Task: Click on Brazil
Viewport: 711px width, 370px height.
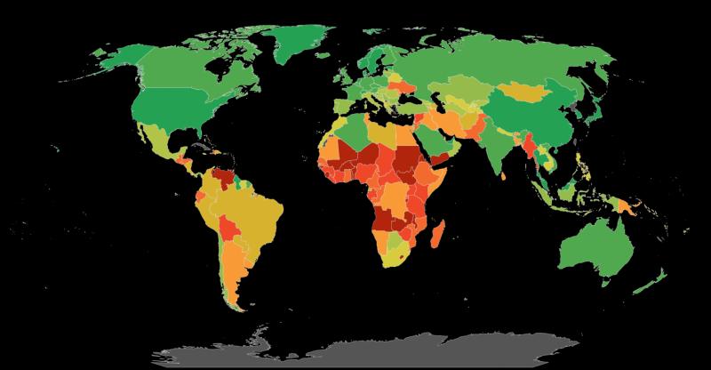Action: [258, 213]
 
